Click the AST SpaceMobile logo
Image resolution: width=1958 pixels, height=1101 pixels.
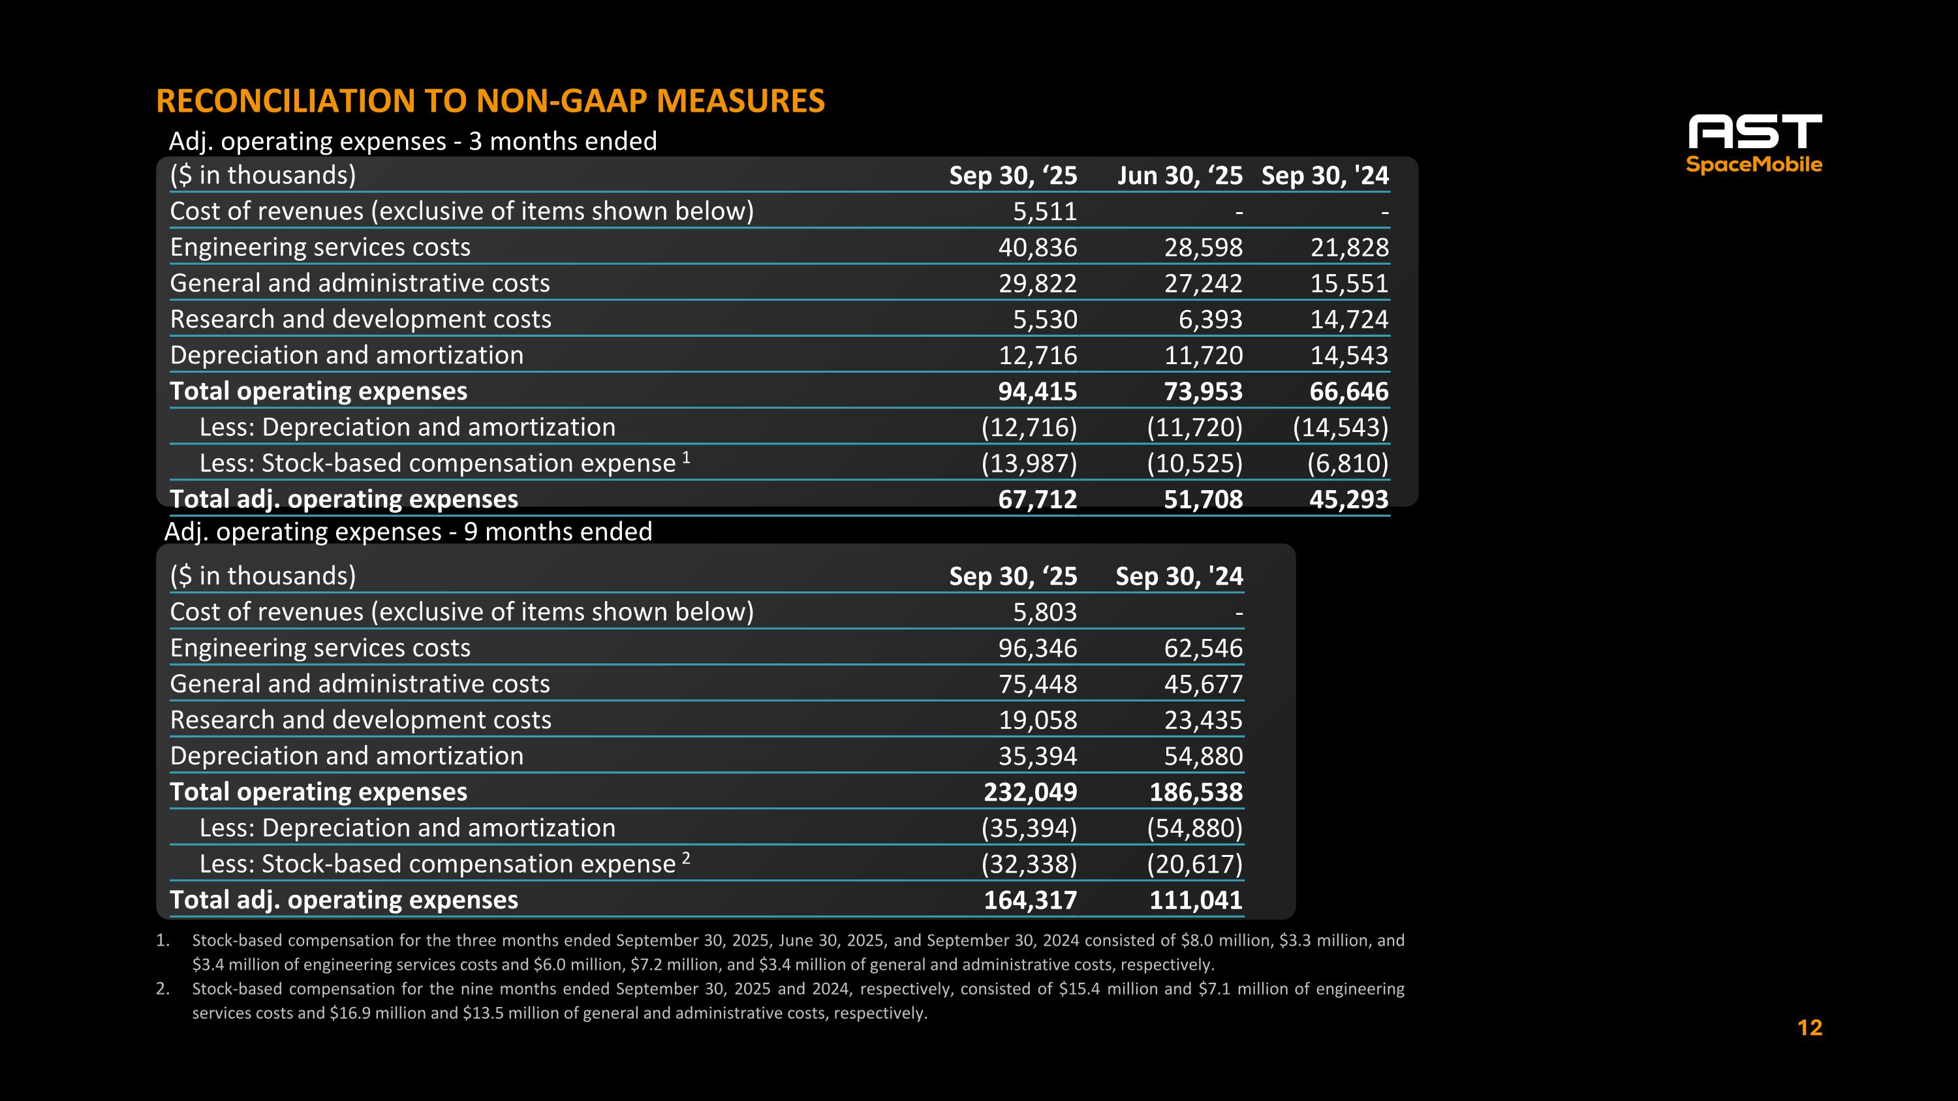1754,144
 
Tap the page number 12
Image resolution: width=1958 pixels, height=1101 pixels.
1809,1027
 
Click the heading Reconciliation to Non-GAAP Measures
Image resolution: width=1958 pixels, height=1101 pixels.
490,101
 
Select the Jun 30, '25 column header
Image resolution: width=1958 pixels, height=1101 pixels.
1179,176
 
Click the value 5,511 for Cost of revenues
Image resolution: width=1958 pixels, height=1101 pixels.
1044,211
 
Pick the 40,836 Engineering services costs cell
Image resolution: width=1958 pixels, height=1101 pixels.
1038,247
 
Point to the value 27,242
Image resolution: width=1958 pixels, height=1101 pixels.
1204,283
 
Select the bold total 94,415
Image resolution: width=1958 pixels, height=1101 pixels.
1038,392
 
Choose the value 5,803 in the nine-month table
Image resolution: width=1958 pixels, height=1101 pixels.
1044,612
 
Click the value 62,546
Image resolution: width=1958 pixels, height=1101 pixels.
1204,648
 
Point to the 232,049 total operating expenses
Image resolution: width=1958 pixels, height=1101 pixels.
1030,792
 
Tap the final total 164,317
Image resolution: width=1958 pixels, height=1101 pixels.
1030,899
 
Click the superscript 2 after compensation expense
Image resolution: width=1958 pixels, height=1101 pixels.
687,858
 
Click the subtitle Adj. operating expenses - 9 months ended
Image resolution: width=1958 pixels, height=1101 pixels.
408,531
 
